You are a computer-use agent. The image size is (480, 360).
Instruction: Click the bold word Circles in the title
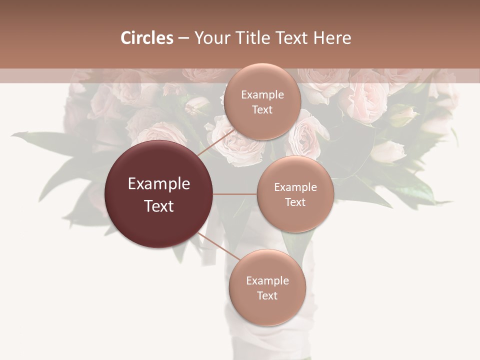146,38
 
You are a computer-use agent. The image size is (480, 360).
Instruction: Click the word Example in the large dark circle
159,184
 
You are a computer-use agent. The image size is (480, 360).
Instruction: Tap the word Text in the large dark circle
159,206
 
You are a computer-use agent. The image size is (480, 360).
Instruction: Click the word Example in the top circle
262,94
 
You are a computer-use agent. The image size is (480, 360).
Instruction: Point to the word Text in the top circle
262,109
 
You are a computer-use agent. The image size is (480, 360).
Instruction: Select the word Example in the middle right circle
295,187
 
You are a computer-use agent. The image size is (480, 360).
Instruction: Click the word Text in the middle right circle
295,202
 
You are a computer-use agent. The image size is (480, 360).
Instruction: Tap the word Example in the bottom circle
267,280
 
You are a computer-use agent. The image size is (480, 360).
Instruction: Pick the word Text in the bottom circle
267,295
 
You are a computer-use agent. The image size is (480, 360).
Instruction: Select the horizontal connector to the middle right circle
235,194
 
